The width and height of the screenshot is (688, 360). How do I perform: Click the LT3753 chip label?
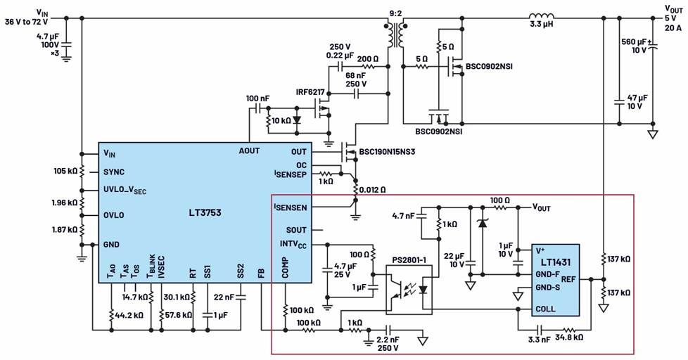(x=202, y=212)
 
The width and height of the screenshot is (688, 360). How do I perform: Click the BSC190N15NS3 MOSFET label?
(x=395, y=151)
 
